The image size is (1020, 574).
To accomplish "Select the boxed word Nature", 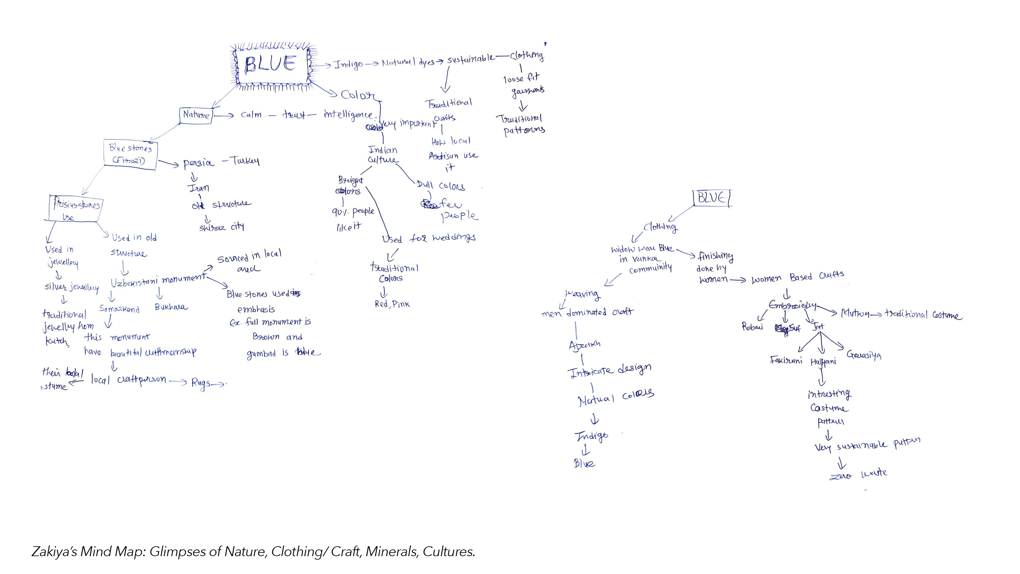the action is point(196,115).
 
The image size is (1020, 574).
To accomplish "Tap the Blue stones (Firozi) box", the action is point(130,154).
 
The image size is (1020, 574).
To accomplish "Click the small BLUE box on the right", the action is point(712,198).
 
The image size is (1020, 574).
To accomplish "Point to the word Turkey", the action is point(245,161).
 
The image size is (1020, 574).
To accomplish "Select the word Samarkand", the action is point(119,309).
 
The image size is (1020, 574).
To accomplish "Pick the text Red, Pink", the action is point(392,304).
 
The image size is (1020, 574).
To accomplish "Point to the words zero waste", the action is point(858,474).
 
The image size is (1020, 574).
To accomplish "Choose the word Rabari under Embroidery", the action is point(752,327).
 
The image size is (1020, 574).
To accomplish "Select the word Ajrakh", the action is point(585,345).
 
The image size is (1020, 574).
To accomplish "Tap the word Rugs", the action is point(201,383).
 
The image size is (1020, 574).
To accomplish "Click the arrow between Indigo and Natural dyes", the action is point(371,64).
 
